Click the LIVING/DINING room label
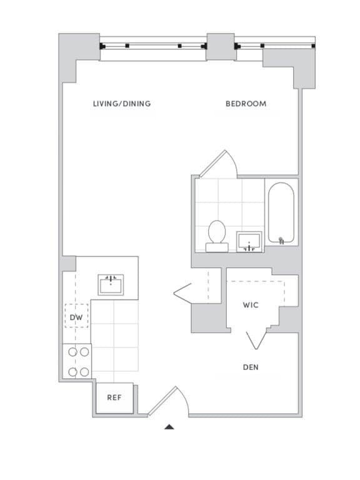(x=122, y=104)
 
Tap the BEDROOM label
(x=246, y=104)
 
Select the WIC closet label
(x=251, y=305)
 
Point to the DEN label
(x=251, y=367)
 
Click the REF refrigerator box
(x=114, y=397)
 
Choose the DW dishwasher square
(x=76, y=319)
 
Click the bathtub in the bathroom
(x=282, y=213)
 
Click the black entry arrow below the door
(x=169, y=427)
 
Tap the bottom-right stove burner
(x=84, y=372)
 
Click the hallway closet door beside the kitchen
(x=184, y=292)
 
